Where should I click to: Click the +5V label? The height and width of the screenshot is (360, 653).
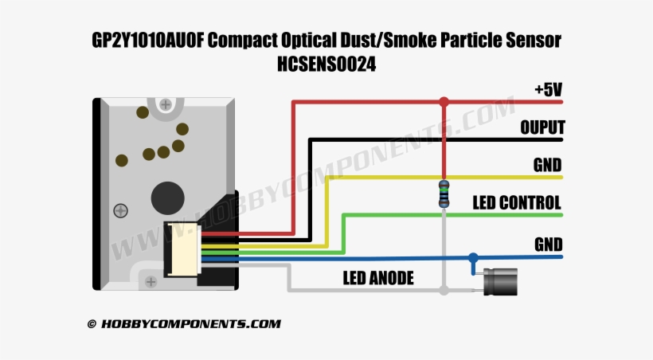(x=548, y=89)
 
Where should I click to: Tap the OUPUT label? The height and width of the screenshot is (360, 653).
(x=542, y=127)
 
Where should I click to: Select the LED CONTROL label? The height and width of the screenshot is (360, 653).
(x=517, y=202)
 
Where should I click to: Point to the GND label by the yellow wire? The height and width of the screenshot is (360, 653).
(x=548, y=165)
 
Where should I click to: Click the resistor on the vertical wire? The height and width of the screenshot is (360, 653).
(x=444, y=194)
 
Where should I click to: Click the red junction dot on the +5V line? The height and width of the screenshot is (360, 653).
(x=444, y=102)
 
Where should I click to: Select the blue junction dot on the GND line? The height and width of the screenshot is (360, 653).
(x=474, y=257)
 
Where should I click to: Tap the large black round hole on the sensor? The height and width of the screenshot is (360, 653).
(x=166, y=196)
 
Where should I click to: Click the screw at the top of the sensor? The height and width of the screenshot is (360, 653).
(x=166, y=104)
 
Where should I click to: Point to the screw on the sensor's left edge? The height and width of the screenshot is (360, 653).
(x=120, y=211)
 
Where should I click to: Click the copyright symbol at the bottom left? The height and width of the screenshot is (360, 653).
(x=92, y=324)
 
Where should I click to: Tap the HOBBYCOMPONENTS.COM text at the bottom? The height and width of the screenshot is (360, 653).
(x=191, y=324)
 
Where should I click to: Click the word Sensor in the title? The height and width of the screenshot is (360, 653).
(x=534, y=41)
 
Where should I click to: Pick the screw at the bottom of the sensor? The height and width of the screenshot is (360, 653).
(x=150, y=280)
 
